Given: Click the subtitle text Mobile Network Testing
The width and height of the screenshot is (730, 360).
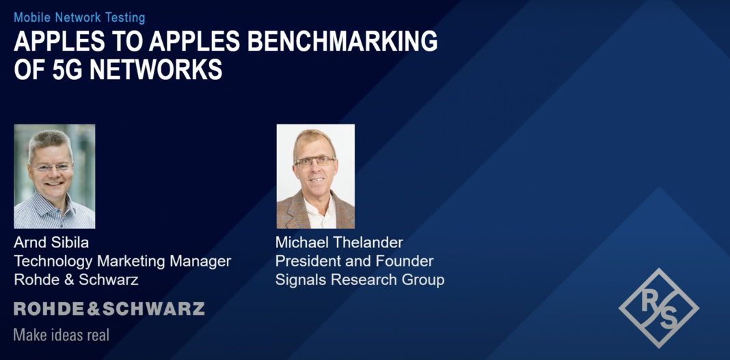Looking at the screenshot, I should pos(79,17).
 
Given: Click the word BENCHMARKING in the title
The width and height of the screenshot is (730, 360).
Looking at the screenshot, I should pos(342,42).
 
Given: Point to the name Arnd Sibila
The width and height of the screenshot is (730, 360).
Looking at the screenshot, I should pos(51,243).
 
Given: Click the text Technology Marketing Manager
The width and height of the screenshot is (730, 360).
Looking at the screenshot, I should pos(122,261).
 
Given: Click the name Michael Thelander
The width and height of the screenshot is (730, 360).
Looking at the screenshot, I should pos(339,243).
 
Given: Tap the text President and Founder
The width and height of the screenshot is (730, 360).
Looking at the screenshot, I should pos(354,261).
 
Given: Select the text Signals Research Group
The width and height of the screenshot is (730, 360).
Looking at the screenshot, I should pos(360,279).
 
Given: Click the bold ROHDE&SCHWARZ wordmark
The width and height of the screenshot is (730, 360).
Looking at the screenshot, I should pos(109,309).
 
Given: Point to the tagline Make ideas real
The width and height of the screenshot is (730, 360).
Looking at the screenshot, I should pos(61,335).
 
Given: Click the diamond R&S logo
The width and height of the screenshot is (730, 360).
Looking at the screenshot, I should pos(658,308).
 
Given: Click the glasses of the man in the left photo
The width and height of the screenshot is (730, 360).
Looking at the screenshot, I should pos(52,167).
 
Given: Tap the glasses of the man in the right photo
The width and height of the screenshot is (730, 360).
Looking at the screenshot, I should pos(314,163).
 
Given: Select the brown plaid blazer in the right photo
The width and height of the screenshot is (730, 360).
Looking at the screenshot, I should pos(291,212).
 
